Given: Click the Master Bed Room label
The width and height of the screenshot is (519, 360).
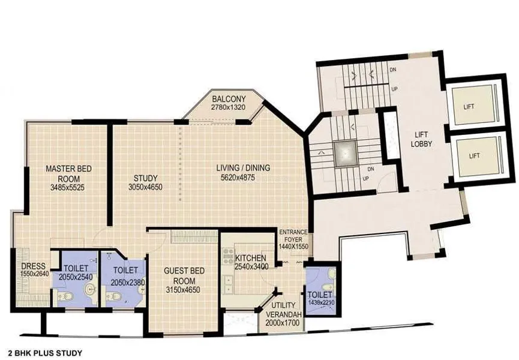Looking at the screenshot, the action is point(68,173).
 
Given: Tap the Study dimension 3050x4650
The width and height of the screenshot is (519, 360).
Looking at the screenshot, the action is point(145,187).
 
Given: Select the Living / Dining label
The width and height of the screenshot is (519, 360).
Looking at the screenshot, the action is point(243,168).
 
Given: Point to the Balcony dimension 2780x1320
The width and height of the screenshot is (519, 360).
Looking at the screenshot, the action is point(229,107).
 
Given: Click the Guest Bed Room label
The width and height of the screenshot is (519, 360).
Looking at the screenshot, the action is point(184,275).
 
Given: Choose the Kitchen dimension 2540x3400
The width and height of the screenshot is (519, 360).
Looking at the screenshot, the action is point(251,266).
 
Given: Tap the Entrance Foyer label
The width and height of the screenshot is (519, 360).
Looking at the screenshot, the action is point(293,236).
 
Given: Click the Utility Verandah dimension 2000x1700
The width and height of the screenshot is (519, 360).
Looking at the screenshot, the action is point(283,323).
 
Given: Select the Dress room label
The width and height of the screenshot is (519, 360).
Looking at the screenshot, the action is point(33,266).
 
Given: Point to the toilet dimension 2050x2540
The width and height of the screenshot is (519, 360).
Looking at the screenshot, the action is point(76,277).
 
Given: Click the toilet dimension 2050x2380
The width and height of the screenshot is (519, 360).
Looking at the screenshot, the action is point(128,283).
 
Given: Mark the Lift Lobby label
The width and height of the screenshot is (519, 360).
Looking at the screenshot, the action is point(421,139).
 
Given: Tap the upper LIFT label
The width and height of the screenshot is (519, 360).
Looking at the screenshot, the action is point(469,107).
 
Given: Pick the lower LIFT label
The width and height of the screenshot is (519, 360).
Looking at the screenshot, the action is point(474,155).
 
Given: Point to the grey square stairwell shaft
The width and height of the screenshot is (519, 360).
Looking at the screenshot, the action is point(346,153).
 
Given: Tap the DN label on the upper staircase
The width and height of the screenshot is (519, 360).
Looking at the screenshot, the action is point(393,70).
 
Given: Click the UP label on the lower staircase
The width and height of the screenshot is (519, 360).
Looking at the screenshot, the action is point(366,179).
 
